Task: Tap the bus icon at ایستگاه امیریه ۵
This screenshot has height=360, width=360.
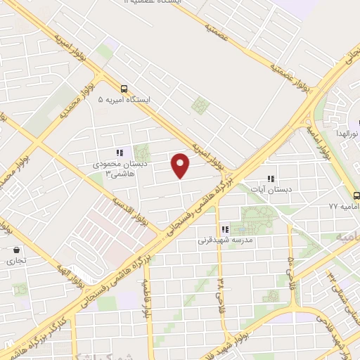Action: point(124,88)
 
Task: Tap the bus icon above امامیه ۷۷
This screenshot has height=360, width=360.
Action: point(355,195)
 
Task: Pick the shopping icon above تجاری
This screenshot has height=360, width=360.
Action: point(16,250)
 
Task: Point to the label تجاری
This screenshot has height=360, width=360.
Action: point(16,261)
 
